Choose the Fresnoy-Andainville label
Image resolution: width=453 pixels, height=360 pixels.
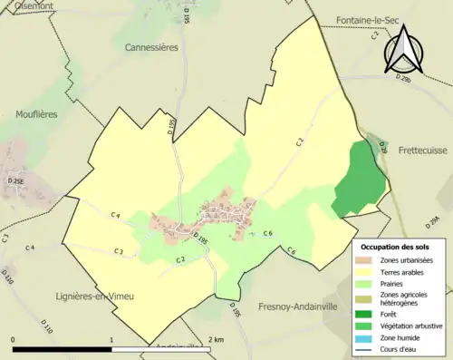click(296, 306)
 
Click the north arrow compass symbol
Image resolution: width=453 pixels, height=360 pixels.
click(402, 50)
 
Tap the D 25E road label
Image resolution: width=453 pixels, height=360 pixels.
click(15, 182)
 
